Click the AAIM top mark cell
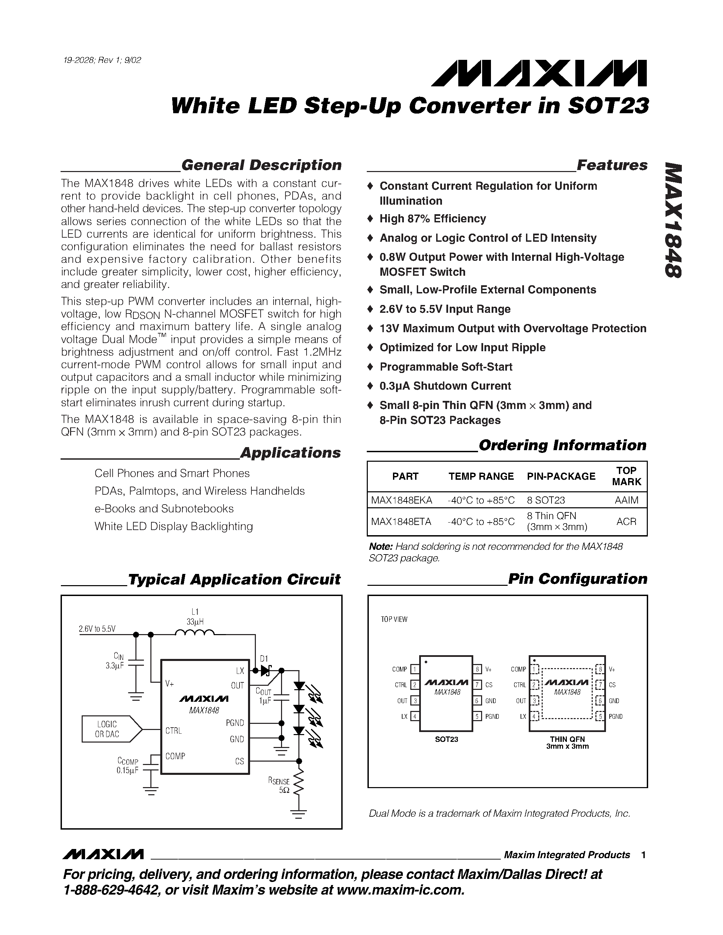tap(626, 500)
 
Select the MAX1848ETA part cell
tap(401, 522)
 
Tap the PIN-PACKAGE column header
tap(561, 476)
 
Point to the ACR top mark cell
tap(626, 522)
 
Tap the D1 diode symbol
tap(266, 670)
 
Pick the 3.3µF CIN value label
tap(114, 666)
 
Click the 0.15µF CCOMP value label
tap(127, 770)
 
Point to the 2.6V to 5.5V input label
tap(97, 629)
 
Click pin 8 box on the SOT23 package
tap(477, 669)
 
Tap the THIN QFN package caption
tap(567, 742)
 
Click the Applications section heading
tap(291, 453)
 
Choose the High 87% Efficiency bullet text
tap(432, 219)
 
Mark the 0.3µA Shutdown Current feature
tap(445, 386)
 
